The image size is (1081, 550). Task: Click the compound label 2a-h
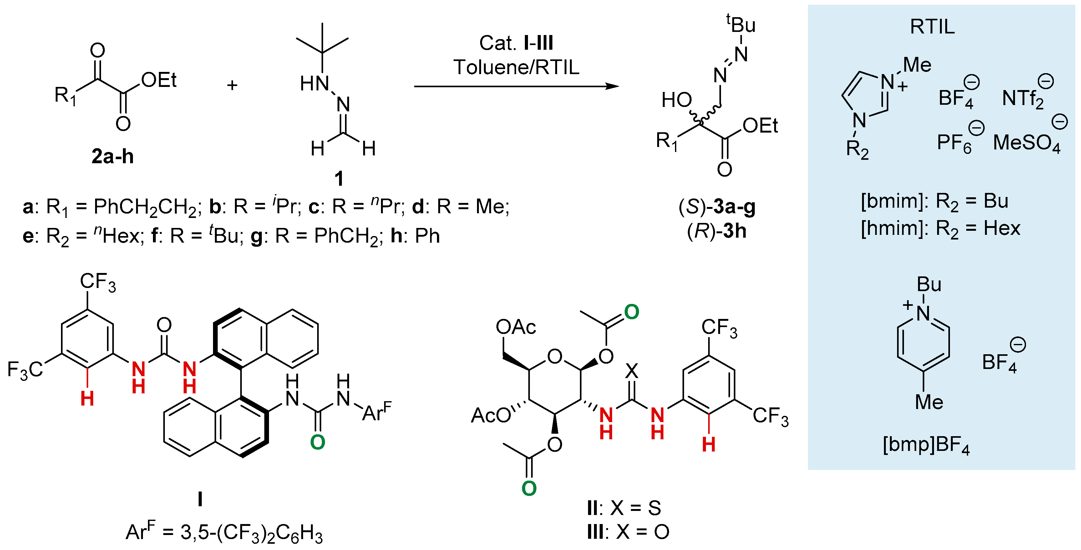[113, 156]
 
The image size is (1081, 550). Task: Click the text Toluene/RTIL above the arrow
[516, 67]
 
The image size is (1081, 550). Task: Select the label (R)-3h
[717, 231]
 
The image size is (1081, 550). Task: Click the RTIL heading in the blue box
[932, 27]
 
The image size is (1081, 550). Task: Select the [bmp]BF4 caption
[926, 445]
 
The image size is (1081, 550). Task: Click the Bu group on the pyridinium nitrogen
[929, 285]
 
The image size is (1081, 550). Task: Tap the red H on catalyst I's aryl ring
[87, 399]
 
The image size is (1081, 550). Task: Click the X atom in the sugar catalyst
[632, 371]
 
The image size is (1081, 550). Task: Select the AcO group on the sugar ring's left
[490, 415]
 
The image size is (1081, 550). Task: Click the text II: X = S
[624, 508]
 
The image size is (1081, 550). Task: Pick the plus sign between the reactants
[232, 86]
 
